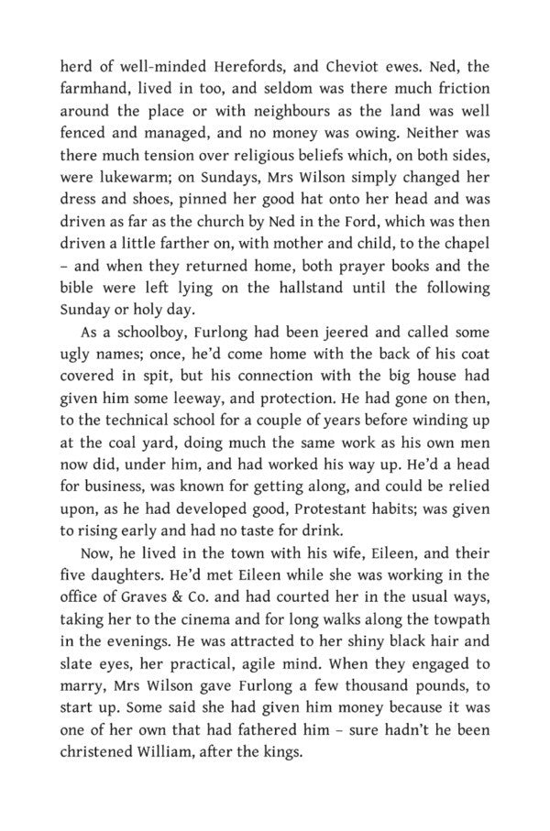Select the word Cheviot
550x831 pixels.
coord(376,66)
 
